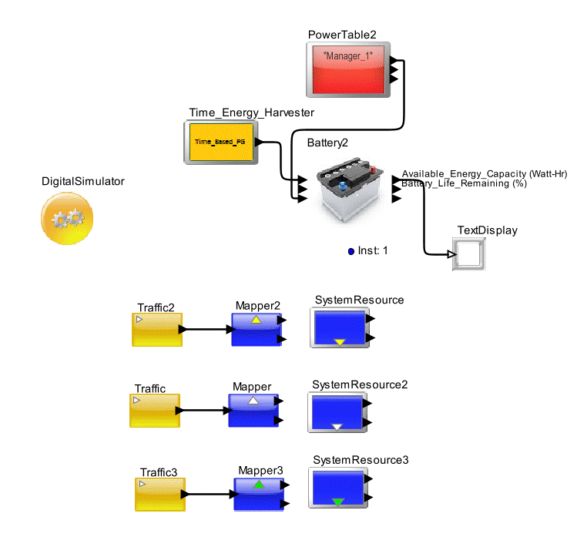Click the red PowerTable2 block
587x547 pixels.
tap(347, 69)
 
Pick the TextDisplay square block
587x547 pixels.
tap(469, 253)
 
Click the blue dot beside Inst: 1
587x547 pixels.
tap(351, 251)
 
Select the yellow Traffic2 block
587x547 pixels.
tap(157, 330)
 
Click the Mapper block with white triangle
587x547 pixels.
tap(252, 410)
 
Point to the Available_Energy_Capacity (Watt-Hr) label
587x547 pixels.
tap(484, 174)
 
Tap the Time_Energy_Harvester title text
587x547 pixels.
tap(251, 112)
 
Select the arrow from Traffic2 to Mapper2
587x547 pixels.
tap(208, 330)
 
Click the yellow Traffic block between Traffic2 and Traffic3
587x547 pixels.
tap(154, 411)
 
